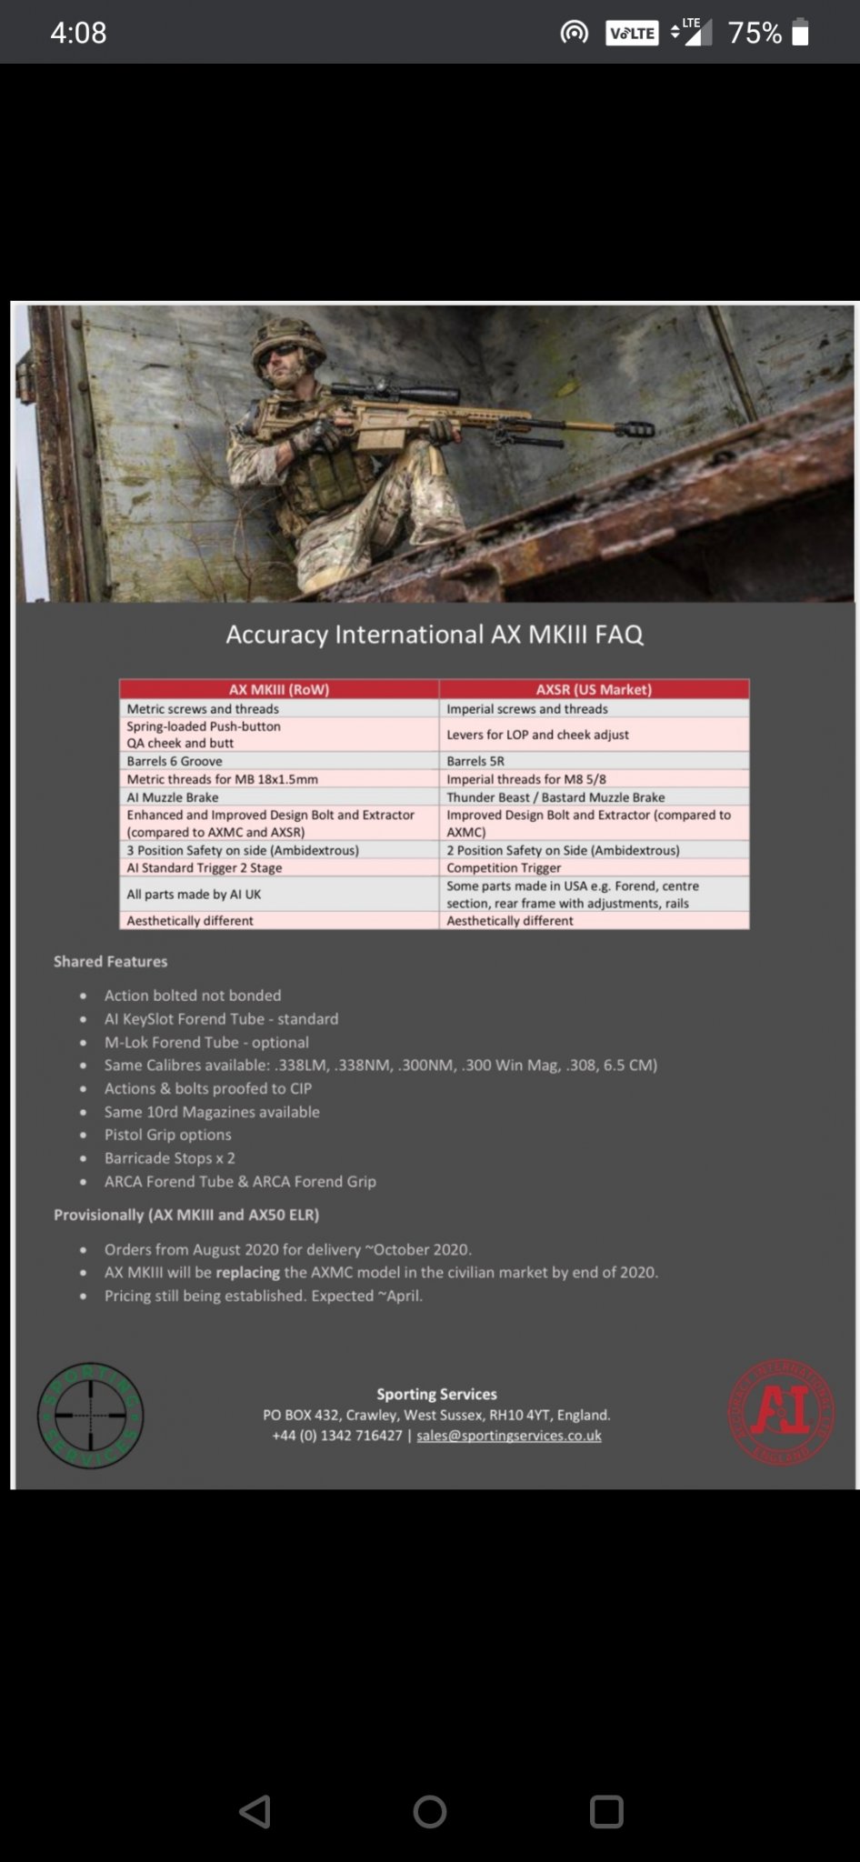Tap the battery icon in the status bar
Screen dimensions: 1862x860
click(x=800, y=33)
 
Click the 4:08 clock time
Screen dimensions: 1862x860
click(x=78, y=33)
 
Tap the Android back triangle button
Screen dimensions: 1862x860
click(x=255, y=1811)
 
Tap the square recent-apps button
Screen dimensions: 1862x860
click(x=606, y=1811)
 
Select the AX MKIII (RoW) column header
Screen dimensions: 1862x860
click(x=279, y=689)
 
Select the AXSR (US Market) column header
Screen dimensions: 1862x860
click(x=594, y=689)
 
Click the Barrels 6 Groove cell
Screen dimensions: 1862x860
click(x=175, y=761)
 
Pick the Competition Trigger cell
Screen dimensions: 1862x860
click(x=504, y=867)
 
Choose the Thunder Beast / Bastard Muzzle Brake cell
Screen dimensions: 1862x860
click(x=555, y=796)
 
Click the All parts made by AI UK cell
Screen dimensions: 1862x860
click(x=194, y=894)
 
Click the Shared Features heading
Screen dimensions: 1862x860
click(x=110, y=961)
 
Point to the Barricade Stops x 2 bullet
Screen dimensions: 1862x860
click(x=169, y=1157)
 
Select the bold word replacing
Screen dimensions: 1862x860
click(x=247, y=1272)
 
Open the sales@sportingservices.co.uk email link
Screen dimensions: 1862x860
click(x=509, y=1436)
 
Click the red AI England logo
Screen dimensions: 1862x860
click(x=781, y=1412)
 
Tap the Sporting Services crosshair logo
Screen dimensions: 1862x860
click(x=91, y=1415)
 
